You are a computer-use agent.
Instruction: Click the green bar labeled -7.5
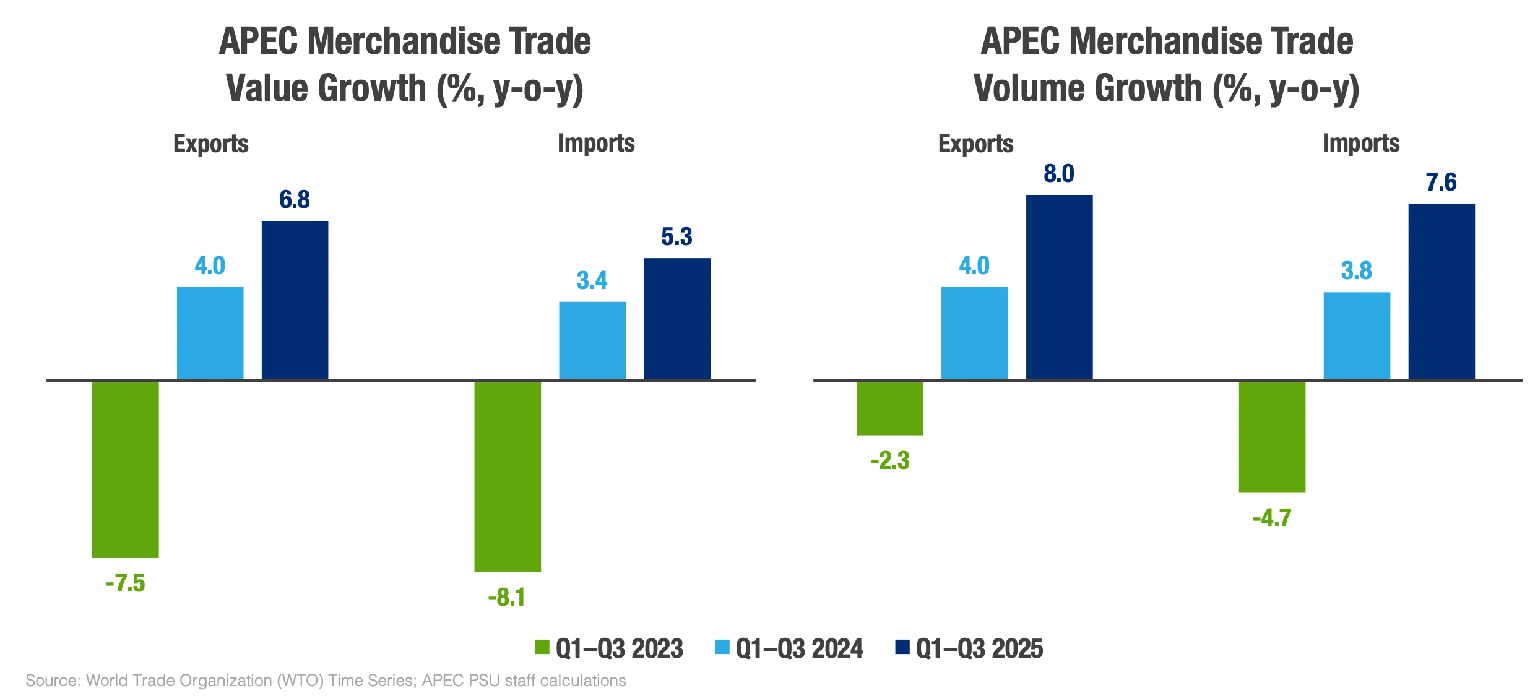(x=125, y=469)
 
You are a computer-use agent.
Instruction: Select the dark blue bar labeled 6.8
(x=295, y=299)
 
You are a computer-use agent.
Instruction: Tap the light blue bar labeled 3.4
(x=592, y=340)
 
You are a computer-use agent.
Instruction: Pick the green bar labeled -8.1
(x=507, y=476)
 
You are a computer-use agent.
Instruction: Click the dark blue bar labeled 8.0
(x=1059, y=286)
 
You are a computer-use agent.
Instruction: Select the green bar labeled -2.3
(x=889, y=408)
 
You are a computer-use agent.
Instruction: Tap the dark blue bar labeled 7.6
(x=1441, y=291)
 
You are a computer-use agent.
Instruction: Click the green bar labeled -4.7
(x=1271, y=437)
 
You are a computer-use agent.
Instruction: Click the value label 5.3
(x=676, y=237)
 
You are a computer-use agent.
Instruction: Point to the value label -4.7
(x=1271, y=518)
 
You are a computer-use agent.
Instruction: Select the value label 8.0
(x=1059, y=174)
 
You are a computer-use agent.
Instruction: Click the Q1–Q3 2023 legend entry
(x=610, y=648)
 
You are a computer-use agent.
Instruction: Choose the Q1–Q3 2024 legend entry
(x=789, y=648)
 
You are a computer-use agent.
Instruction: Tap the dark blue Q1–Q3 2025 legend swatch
(x=902, y=647)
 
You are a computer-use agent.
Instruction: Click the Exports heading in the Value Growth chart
(x=210, y=144)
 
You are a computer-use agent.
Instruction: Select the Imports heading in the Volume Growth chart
(x=1360, y=144)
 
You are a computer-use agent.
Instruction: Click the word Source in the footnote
(x=52, y=681)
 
